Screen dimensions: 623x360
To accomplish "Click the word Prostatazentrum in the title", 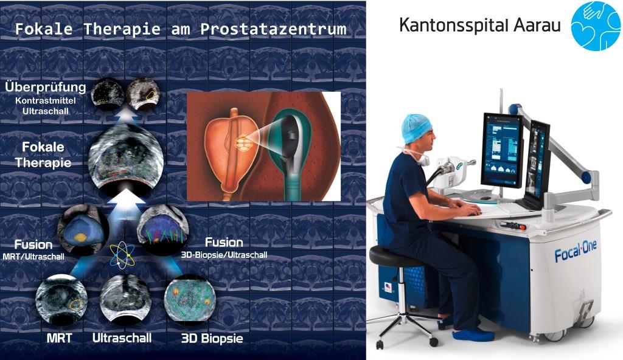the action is pyautogui.click(x=273, y=29).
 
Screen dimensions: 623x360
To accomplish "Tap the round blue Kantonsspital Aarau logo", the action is pyautogui.click(x=595, y=26).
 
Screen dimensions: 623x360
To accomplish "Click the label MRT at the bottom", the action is pyautogui.click(x=60, y=338).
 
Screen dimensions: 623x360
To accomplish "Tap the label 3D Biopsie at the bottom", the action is pyautogui.click(x=212, y=339).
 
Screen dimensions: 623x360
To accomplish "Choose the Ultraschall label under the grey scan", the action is pyautogui.click(x=122, y=338).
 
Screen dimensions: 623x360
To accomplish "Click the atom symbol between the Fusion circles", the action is pyautogui.click(x=122, y=255).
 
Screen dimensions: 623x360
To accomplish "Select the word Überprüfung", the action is pyautogui.click(x=45, y=88).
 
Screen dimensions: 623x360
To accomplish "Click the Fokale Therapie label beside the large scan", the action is pyautogui.click(x=43, y=154).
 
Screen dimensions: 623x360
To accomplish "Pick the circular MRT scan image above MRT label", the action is pyautogui.click(x=61, y=299).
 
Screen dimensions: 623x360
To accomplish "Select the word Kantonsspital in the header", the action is pyautogui.click(x=453, y=25).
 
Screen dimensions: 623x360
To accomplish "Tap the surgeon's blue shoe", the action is pyautogui.click(x=473, y=334).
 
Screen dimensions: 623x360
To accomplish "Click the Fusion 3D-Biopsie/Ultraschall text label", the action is pyautogui.click(x=224, y=248).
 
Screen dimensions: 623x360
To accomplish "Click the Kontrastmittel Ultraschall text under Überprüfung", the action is pyautogui.click(x=45, y=106).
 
